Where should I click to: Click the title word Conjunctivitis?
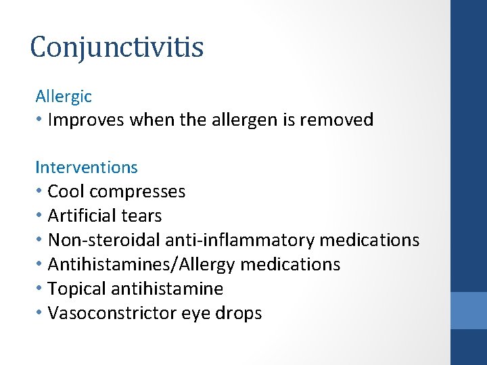(x=116, y=48)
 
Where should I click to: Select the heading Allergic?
(x=64, y=97)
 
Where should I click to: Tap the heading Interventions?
(x=87, y=167)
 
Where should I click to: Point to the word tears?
(x=142, y=216)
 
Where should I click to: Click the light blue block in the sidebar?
(x=469, y=310)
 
